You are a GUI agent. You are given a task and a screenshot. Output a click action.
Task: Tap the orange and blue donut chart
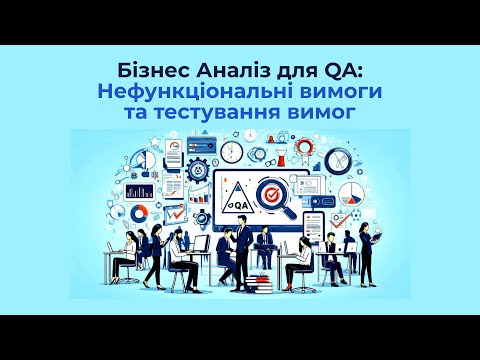click(x=140, y=212)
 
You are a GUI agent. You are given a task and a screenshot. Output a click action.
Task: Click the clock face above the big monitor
click(x=232, y=152)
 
